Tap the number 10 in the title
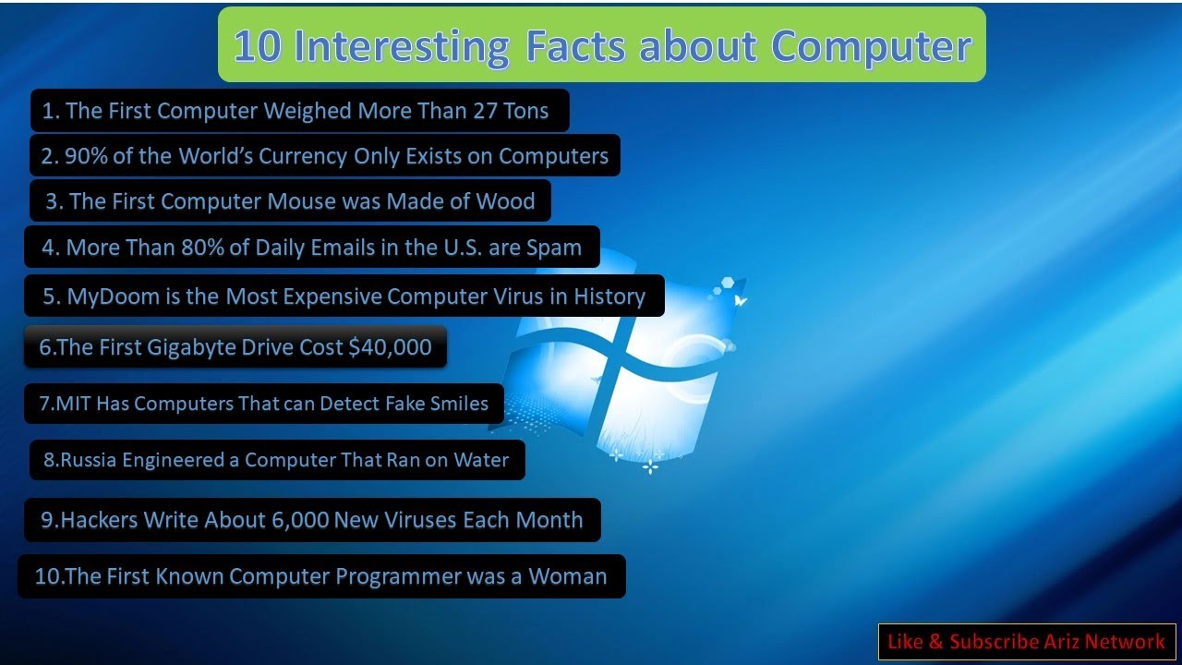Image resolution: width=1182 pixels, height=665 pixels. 257,46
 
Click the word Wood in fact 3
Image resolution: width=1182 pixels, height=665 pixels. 505,201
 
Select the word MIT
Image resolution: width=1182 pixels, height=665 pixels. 75,404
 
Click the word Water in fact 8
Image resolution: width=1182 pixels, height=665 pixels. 480,460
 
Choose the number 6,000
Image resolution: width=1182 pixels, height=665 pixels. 299,520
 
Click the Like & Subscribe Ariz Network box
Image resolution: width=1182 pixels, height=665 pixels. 1026,642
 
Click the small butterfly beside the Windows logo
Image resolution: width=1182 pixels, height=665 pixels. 740,300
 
